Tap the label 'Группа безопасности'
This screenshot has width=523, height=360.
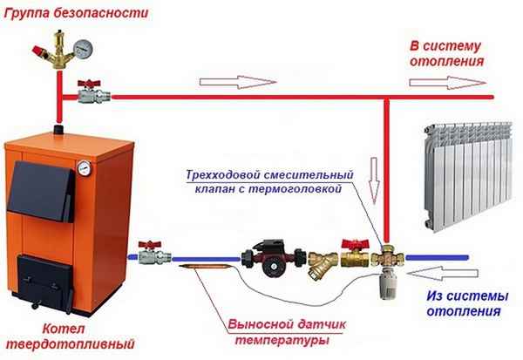pyautogui.click(x=59, y=12)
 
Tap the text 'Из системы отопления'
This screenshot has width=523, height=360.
pyautogui.click(x=464, y=302)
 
